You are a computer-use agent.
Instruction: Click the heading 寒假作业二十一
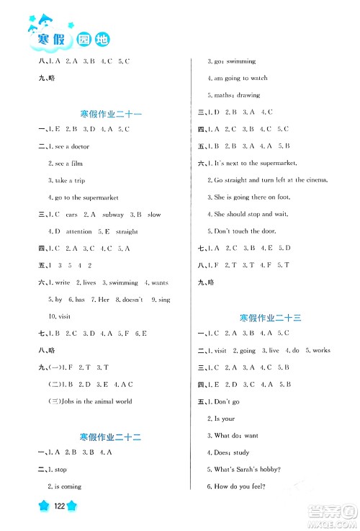pyautogui.click(x=111, y=112)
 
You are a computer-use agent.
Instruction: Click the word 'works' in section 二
pyautogui.click(x=321, y=351)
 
